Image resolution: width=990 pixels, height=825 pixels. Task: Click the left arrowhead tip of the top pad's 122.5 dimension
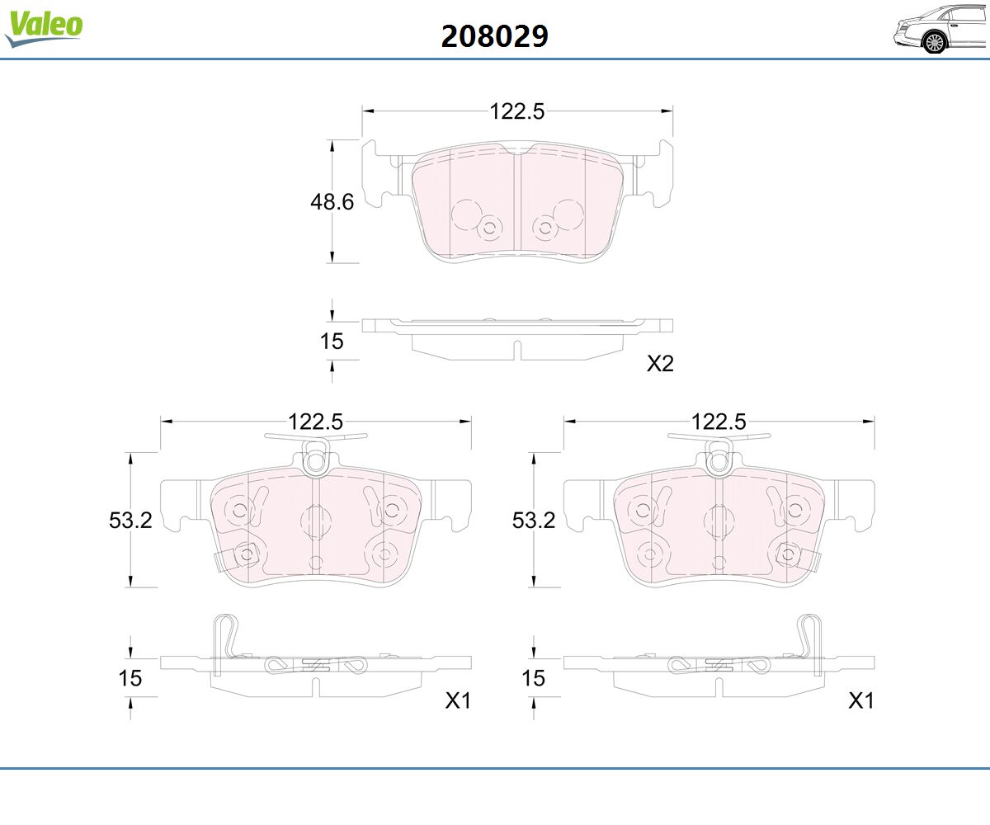[363, 111]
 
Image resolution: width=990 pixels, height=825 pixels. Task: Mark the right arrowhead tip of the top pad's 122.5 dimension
[672, 111]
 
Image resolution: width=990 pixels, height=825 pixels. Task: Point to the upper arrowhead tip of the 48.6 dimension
[332, 140]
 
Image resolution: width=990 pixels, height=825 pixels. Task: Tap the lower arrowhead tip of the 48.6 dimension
[332, 262]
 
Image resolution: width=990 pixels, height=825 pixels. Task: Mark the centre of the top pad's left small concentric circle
[490, 229]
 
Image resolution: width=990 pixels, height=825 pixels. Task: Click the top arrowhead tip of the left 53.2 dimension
[130, 453]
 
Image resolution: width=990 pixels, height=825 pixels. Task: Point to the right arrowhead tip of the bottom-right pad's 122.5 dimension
[874, 421]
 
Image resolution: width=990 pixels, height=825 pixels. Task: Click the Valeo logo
[44, 27]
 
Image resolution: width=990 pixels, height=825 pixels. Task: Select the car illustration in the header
[940, 29]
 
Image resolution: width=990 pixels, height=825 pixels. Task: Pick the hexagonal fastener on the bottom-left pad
[246, 554]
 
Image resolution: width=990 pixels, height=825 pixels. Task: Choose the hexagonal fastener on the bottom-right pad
[788, 554]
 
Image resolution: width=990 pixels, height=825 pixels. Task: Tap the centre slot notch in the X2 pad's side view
[517, 350]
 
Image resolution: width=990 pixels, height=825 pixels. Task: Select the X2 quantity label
[661, 364]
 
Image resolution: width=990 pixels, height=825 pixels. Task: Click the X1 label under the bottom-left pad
[458, 700]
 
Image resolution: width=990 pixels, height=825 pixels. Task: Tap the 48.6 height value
[332, 202]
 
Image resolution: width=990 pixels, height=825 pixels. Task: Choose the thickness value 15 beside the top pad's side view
[332, 342]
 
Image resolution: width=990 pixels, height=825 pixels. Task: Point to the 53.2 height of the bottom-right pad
[534, 521]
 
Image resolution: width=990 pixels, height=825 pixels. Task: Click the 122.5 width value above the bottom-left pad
[315, 422]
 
